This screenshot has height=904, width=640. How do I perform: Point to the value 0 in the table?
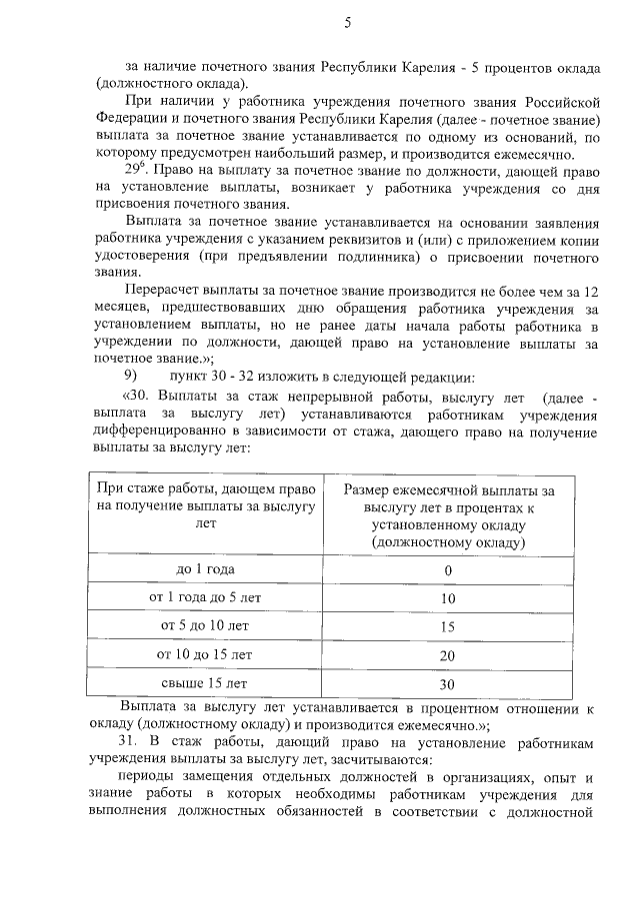point(448,570)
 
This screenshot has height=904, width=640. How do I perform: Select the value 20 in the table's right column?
point(447,655)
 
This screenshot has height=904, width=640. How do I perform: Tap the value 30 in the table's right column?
point(447,684)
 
